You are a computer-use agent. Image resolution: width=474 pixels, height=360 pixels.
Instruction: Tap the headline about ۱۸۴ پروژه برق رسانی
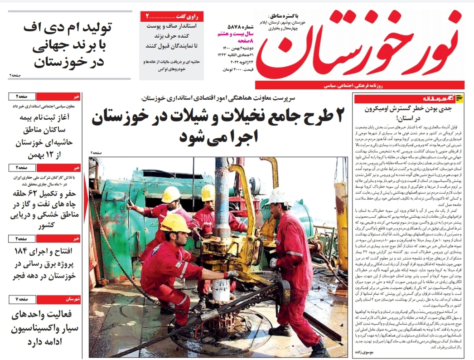45,264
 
